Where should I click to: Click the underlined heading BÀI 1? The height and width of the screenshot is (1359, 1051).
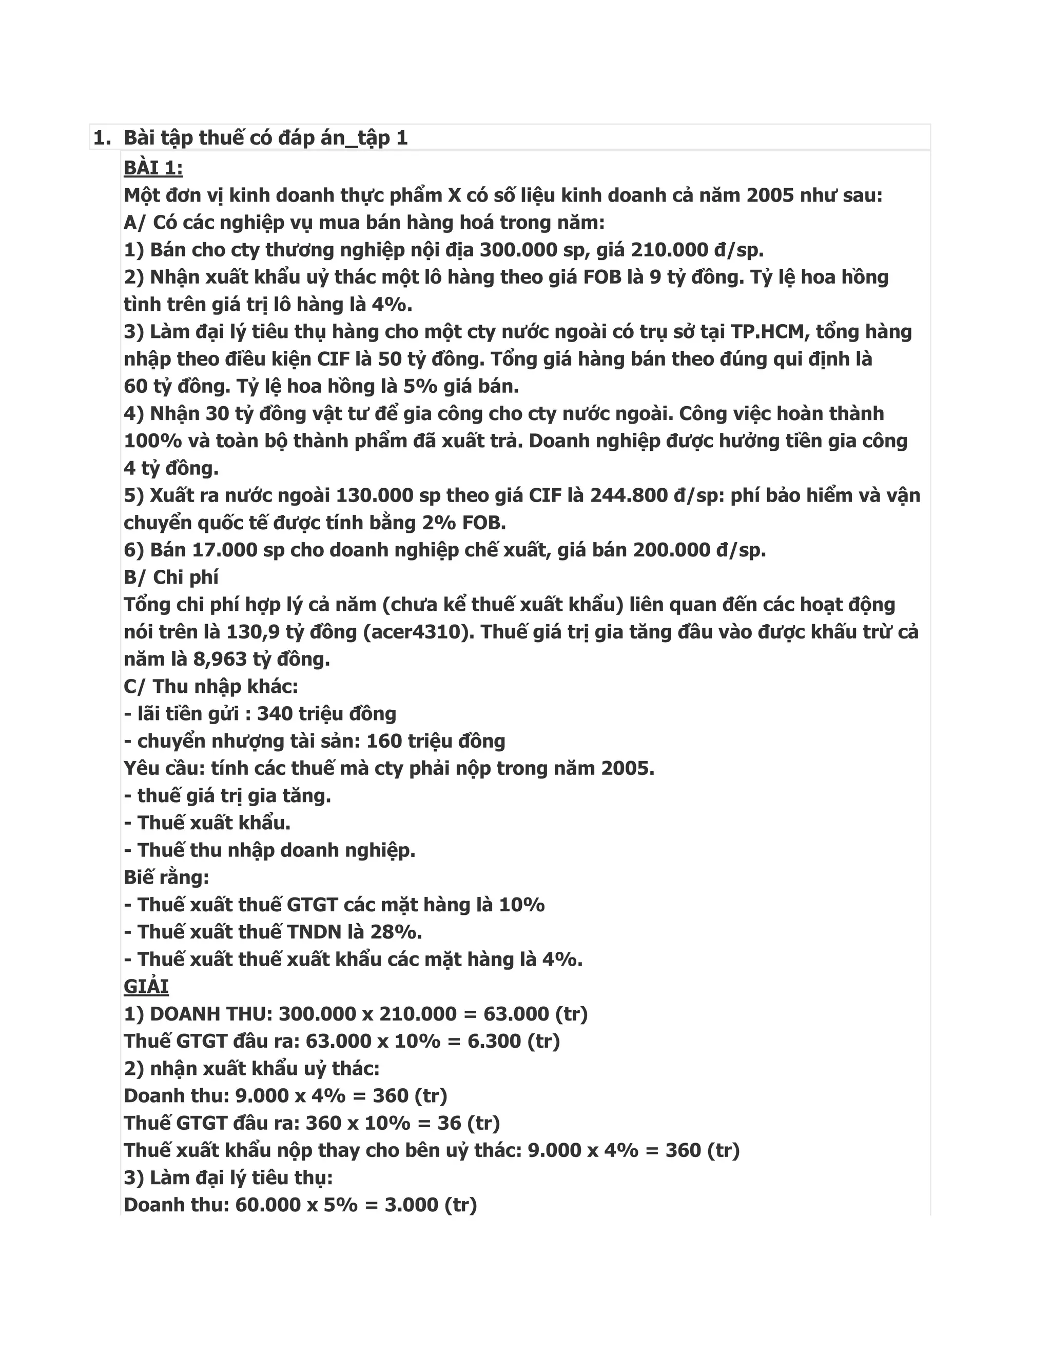coord(153,168)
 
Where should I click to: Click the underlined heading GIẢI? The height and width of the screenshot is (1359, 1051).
coord(146,986)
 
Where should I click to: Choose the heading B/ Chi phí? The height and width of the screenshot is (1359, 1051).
coord(171,577)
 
